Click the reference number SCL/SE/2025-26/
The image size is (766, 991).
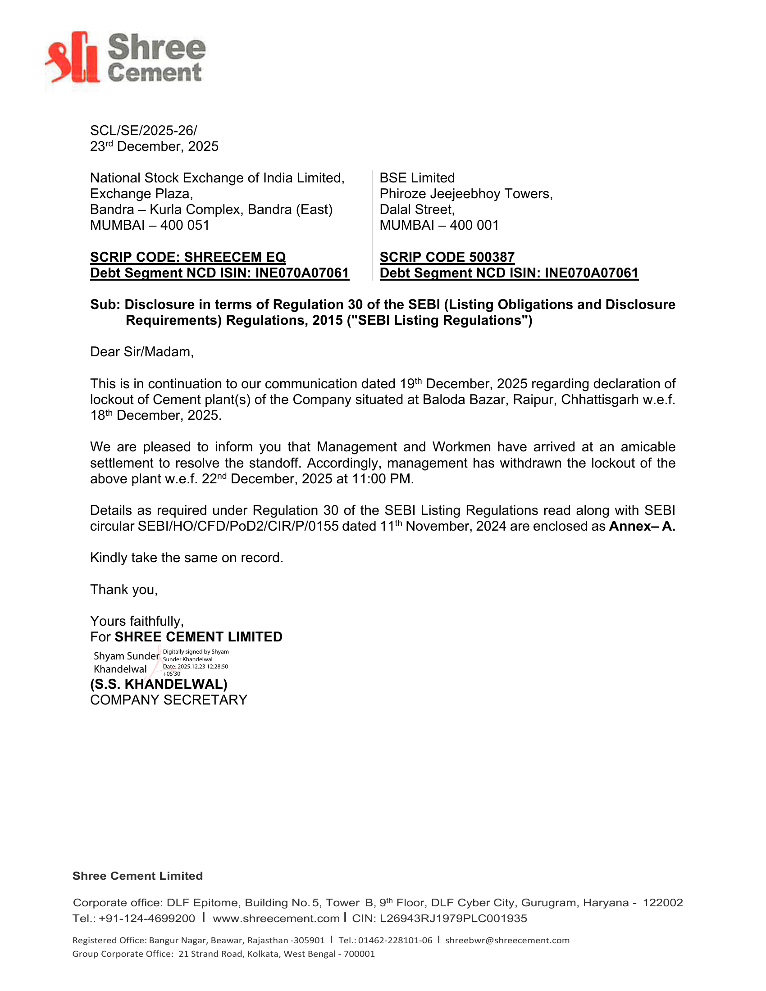point(143,131)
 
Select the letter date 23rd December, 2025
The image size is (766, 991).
point(154,146)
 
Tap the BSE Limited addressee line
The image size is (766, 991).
point(417,178)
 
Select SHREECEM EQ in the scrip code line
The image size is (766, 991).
point(235,257)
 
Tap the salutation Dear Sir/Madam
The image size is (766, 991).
point(141,352)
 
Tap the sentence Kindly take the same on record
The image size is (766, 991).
point(187,558)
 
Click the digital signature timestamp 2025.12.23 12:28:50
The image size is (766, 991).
point(203,667)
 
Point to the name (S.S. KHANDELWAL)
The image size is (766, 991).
point(159,684)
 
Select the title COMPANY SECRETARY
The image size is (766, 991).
point(169,700)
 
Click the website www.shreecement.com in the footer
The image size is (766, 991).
point(276,918)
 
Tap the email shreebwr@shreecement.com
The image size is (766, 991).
point(507,940)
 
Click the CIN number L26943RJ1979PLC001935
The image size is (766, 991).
point(453,918)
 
